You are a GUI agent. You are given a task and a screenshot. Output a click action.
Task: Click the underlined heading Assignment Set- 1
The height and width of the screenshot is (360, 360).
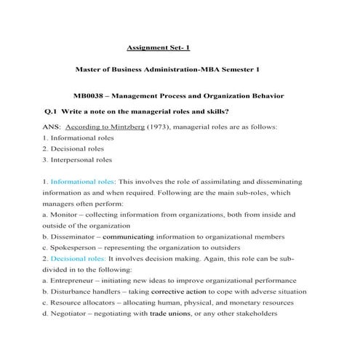[x=158, y=47]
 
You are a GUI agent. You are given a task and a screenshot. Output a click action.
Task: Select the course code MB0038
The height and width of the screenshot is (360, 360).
[x=91, y=96]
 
